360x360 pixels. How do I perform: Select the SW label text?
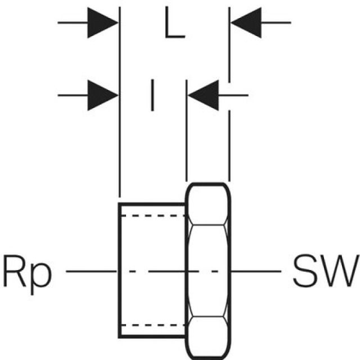point(324,271)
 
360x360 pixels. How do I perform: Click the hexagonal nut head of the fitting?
point(208,271)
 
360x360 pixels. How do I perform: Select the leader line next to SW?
point(256,271)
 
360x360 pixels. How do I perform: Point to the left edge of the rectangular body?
point(119,271)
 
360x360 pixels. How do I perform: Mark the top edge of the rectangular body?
point(152,202)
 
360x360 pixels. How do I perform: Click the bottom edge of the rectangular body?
point(152,337)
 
